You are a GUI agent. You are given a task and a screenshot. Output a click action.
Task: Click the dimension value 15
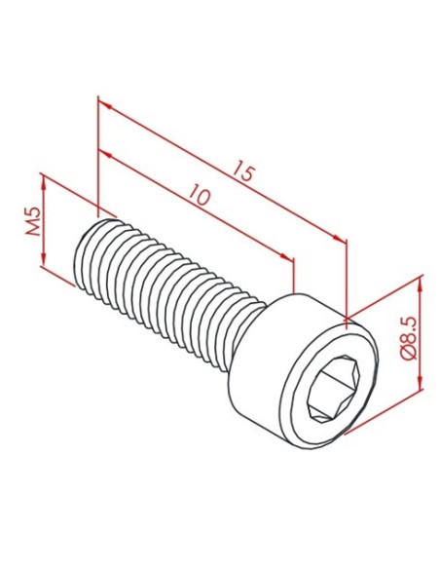pyautogui.click(x=245, y=174)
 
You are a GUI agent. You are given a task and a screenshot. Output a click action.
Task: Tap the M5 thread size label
pyautogui.click(x=32, y=224)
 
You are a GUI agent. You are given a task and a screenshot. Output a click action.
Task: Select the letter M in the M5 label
pyautogui.click(x=32, y=232)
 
